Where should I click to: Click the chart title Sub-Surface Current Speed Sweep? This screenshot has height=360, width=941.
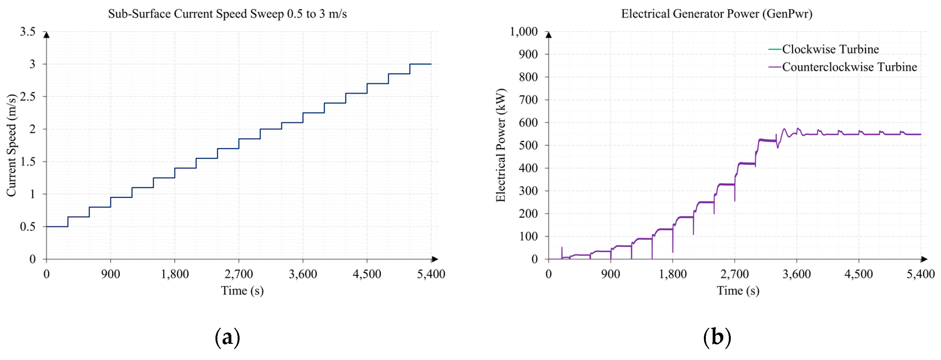pos(227,14)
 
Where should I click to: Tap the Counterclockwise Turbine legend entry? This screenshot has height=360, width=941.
pos(849,67)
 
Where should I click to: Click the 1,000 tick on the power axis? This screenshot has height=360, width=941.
pos(524,32)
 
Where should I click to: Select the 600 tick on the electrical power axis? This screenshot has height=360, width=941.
pos(528,123)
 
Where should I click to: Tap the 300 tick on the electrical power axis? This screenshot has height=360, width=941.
pos(528,191)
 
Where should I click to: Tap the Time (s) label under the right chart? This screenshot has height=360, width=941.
pos(738,291)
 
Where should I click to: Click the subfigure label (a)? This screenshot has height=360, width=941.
pos(227,337)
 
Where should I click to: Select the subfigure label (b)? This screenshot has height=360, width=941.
pos(717,337)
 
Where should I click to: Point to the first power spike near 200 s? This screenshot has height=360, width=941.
pos(562,248)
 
